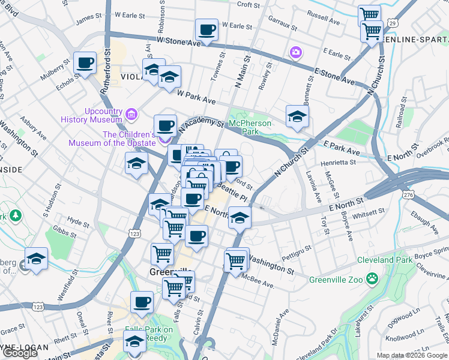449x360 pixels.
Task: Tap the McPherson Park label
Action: (x=251, y=127)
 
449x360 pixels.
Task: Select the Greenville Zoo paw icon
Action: (x=372, y=278)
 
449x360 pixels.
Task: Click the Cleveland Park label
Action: (x=385, y=260)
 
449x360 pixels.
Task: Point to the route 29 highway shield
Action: (x=391, y=23)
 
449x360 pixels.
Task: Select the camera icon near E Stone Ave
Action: (x=295, y=53)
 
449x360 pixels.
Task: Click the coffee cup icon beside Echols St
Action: (x=85, y=62)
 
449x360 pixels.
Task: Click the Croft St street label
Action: (x=248, y=5)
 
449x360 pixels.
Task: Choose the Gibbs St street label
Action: (x=62, y=230)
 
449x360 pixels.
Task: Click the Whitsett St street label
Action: (x=369, y=212)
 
